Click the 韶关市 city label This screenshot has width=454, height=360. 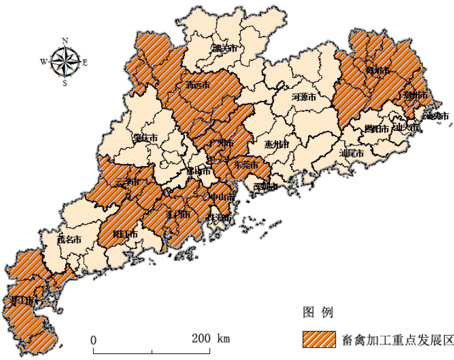pos(224,49)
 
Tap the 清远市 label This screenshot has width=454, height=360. pos(198,86)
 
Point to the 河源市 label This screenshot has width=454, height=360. pos(303,97)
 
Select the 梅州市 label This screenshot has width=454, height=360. pos(376,71)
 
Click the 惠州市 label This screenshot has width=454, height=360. pos(277,145)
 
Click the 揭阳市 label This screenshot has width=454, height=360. pos(376,129)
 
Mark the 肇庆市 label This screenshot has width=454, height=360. pos(146,138)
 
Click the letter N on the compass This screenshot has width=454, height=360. pos(65,41)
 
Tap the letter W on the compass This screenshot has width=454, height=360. pos(44,61)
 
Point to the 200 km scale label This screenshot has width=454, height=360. pos(211,339)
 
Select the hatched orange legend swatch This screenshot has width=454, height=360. pos(318,339)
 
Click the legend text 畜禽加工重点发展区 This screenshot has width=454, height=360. pos(398,339)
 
